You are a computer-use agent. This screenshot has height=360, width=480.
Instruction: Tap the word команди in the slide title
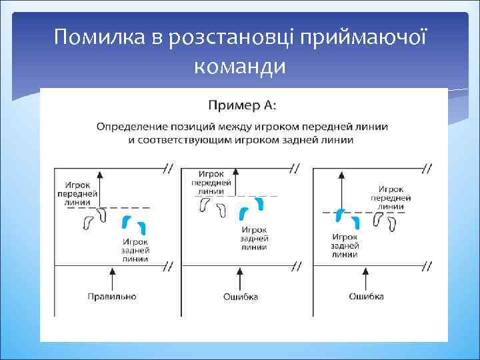tap(239, 66)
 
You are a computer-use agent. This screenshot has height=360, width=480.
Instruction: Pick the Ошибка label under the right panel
tap(366, 296)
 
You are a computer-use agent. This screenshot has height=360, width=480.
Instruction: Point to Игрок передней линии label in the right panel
tap(390, 198)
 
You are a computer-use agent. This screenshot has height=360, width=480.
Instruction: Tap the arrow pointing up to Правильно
tap(111, 276)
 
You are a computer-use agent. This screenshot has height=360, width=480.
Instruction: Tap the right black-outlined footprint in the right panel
tap(393, 223)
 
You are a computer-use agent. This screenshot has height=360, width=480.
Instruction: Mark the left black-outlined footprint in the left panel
tap(87, 223)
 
